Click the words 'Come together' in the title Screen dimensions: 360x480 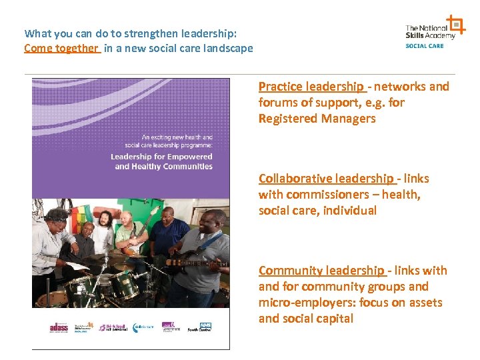coord(61,48)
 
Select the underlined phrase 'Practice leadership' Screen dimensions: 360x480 coord(311,87)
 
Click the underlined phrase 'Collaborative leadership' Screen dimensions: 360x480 coord(326,179)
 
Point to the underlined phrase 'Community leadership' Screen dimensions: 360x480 coord(321,271)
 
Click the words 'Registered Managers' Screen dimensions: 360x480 coord(317,119)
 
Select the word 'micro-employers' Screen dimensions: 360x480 coord(300,303)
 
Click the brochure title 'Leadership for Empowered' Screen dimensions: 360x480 coord(161,157)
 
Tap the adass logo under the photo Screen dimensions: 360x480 coord(59,327)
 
